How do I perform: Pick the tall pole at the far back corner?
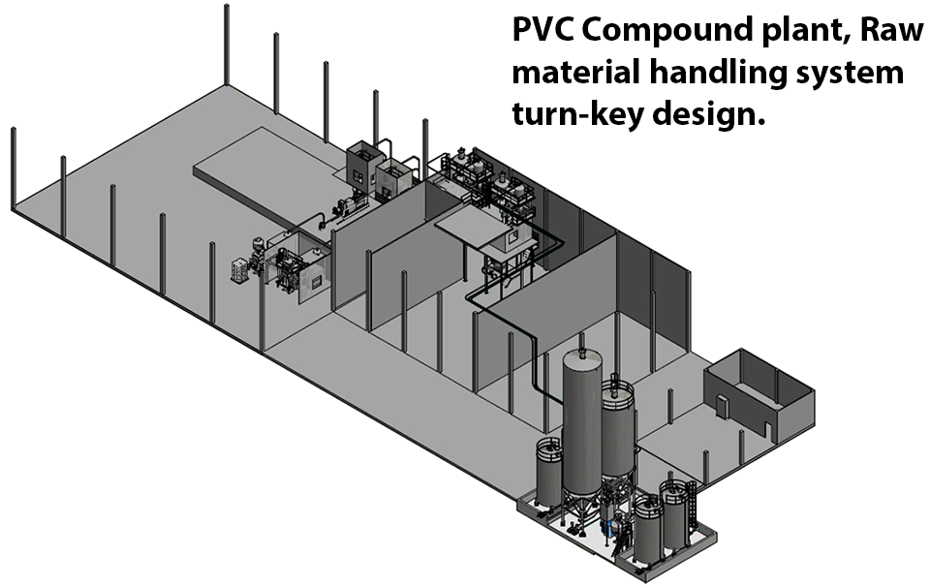pyautogui.click(x=226, y=44)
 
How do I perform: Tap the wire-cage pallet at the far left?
pyautogui.click(x=238, y=270)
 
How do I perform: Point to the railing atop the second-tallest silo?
pyautogui.click(x=617, y=389)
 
